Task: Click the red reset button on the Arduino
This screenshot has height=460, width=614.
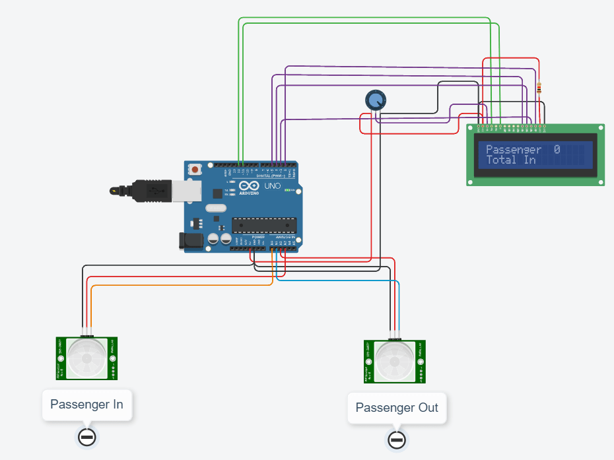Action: click(195, 169)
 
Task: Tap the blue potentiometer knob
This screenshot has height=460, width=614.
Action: click(376, 100)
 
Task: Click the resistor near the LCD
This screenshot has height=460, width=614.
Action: click(540, 88)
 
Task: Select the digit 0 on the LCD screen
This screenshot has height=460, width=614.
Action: click(557, 150)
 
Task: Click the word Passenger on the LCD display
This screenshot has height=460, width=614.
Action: click(514, 150)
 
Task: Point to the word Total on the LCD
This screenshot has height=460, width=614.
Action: click(502, 160)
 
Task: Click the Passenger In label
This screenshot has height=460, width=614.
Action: click(86, 404)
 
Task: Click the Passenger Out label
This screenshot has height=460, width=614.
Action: click(396, 407)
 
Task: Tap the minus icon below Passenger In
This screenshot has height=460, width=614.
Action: click(86, 437)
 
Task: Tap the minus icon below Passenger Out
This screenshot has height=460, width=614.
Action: click(396, 440)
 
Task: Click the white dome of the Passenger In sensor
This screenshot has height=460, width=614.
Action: click(86, 358)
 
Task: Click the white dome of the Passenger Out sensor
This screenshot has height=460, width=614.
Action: click(395, 361)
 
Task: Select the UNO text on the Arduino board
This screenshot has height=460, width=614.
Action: click(273, 187)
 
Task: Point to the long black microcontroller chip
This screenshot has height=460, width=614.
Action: click(264, 225)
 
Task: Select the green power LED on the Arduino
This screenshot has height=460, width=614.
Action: click(289, 189)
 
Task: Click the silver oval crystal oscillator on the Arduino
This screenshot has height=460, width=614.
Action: click(216, 209)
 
